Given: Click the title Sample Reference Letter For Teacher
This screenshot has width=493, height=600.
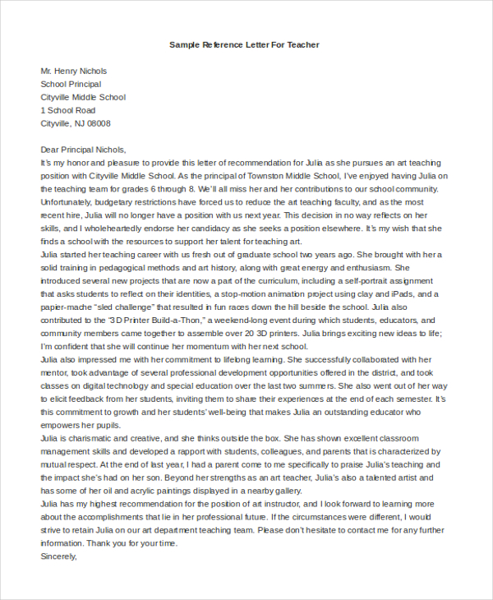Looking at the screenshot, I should tap(244, 44).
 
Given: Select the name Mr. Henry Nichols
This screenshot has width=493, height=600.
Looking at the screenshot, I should tap(74, 71).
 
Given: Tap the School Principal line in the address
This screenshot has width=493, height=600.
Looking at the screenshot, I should tap(71, 84).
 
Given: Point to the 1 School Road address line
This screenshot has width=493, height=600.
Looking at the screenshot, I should tap(68, 110).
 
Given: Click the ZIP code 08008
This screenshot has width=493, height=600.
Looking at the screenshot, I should tap(99, 123).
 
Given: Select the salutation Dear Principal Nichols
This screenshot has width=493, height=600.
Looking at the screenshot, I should tap(83, 150).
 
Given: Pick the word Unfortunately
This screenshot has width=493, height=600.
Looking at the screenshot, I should tap(68, 202).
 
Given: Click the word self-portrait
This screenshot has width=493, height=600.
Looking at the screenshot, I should tap(361, 281).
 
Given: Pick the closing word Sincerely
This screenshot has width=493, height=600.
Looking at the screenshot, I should tap(58, 557).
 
